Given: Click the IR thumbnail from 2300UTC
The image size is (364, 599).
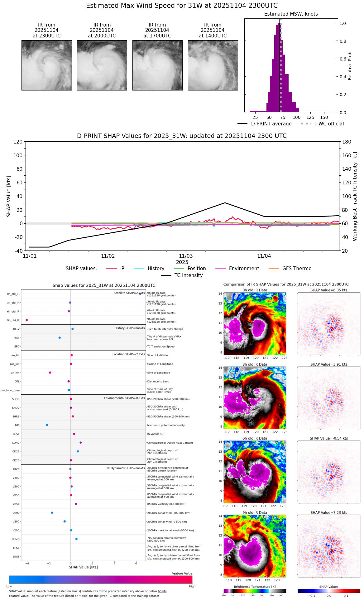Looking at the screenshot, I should point(47,65).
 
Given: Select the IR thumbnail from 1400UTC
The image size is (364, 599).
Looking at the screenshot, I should point(213,65).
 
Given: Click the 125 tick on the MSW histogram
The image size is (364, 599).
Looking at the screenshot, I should point(310,117).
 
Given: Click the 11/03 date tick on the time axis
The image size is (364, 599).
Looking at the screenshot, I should point(186,256).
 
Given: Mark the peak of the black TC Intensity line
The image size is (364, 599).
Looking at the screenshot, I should point(225,203).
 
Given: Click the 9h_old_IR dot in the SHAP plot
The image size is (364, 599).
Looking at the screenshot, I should point(27,320).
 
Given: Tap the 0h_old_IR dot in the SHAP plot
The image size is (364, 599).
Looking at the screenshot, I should point(140,294).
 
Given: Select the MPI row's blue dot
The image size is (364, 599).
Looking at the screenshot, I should point(47,425).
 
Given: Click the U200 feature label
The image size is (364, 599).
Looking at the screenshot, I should point(16,513).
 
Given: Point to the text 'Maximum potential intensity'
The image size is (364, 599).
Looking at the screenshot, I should point(166,426).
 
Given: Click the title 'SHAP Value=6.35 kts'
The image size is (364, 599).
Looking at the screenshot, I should point(329,290).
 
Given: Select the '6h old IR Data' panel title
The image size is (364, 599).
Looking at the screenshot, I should point(255,438).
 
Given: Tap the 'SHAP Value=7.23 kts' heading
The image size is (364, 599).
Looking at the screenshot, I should point(329,513).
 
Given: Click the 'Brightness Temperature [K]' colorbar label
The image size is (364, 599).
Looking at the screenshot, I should point(255,587).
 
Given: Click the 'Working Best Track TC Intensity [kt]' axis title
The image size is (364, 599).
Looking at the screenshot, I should point(355,197).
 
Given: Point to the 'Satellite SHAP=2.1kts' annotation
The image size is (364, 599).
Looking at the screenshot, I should point(129,293).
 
